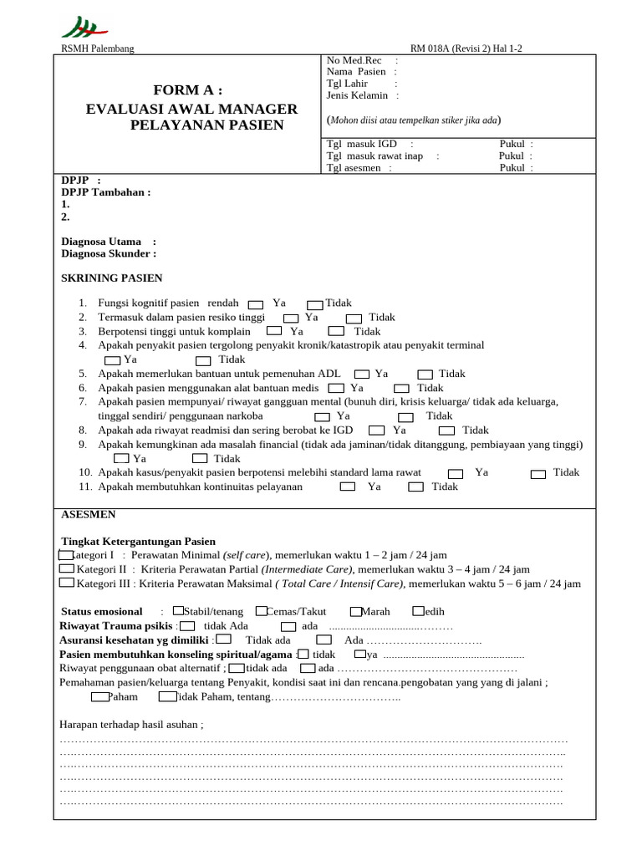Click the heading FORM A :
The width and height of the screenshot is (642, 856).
[x=188, y=90]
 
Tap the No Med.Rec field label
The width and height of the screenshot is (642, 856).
[x=354, y=60]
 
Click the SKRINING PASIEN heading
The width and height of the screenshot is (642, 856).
[x=112, y=278]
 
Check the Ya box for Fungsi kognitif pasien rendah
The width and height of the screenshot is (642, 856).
[x=256, y=304]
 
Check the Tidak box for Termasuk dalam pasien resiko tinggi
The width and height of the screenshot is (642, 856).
[x=354, y=318]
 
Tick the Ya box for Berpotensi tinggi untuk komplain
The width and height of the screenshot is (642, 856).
[x=273, y=332]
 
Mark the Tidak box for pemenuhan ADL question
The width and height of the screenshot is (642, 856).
[x=425, y=374]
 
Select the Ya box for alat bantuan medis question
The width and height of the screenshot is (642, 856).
[x=335, y=388]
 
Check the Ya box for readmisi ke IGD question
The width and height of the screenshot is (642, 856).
[x=377, y=431]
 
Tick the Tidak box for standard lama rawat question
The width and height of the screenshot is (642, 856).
[x=538, y=473]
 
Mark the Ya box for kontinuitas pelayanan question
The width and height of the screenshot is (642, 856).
[x=346, y=487]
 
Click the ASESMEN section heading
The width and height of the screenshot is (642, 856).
[x=89, y=515]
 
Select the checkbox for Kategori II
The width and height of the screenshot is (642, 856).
[x=67, y=568]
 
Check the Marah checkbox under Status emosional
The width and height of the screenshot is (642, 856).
[x=356, y=611]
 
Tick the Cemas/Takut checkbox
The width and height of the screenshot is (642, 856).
[x=262, y=611]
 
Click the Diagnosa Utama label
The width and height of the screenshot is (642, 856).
[x=102, y=242]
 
